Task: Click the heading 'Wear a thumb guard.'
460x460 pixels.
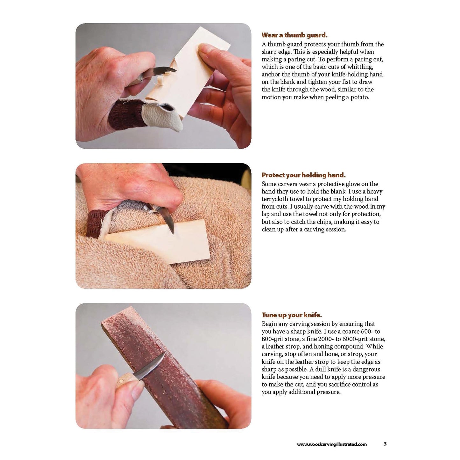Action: coord(294,35)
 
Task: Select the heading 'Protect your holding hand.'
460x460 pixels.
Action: coord(303,175)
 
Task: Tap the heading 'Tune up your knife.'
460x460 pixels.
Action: coord(292,315)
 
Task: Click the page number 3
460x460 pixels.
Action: coord(385,444)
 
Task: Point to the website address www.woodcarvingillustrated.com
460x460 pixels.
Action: coord(332,444)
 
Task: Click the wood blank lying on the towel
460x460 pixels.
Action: coord(158,241)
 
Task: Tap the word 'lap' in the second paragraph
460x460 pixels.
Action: coord(265,214)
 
